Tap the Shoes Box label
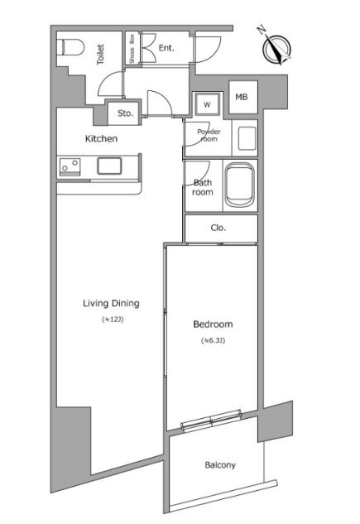(x=132, y=49)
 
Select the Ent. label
(x=166, y=48)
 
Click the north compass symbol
(x=276, y=47)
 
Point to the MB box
(x=243, y=97)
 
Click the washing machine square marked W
(x=208, y=104)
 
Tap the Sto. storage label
(x=125, y=113)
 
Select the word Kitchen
(x=101, y=138)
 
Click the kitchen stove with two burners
(x=70, y=166)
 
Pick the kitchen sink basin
(x=109, y=166)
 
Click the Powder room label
(x=209, y=135)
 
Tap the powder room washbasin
(x=247, y=137)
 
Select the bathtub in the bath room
(x=239, y=185)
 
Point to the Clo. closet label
(x=218, y=228)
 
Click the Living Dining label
(x=111, y=304)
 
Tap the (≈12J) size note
(x=113, y=320)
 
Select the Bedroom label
(x=213, y=324)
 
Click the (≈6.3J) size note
(x=213, y=340)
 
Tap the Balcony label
(x=220, y=465)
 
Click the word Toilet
(x=100, y=54)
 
